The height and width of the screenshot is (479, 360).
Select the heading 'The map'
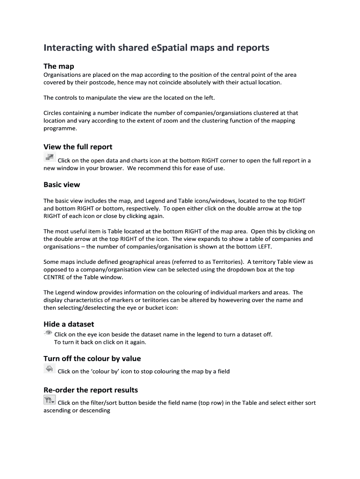pos(58,66)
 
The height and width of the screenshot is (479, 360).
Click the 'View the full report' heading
pos(78,147)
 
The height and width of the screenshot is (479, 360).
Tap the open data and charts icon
pos(49,158)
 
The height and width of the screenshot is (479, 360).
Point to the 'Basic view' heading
pos(62,185)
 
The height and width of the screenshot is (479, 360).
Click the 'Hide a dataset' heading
pos(69,324)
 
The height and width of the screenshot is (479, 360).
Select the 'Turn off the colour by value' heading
pos(92,359)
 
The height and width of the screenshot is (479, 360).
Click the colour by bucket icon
pos(49,370)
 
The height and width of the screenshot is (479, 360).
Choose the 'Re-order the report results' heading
pos(91,390)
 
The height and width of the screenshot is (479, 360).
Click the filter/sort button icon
pos(49,400)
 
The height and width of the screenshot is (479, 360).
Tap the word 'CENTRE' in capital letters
pos(55,277)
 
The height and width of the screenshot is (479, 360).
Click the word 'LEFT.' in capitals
pos(263,247)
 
